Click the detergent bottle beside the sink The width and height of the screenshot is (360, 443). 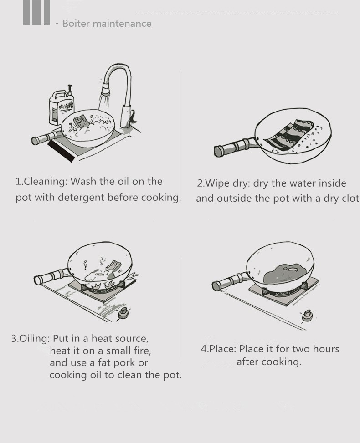pyautogui.click(x=61, y=106)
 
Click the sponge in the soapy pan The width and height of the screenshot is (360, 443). pyautogui.click(x=82, y=121)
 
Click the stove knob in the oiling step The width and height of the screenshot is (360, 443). pyautogui.click(x=123, y=313)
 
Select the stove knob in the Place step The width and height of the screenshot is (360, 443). pyautogui.click(x=308, y=316)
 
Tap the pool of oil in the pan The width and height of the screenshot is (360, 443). pyautogui.click(x=285, y=274)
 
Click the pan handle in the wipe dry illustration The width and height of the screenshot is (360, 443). pyautogui.click(x=235, y=147)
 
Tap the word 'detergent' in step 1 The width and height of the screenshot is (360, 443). pyautogui.click(x=81, y=198)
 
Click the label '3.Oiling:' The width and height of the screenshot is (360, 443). pyautogui.click(x=31, y=338)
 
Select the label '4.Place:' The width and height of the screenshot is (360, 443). pyautogui.click(x=218, y=349)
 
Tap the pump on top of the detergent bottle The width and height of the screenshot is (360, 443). pyautogui.click(x=69, y=89)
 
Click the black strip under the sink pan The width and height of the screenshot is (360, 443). pyautogui.click(x=61, y=151)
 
